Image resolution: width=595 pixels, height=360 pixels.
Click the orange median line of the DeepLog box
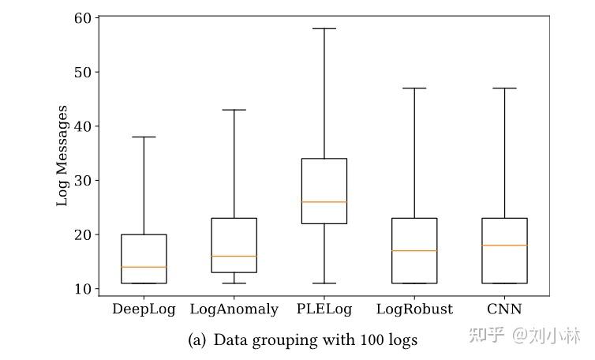coord(144,267)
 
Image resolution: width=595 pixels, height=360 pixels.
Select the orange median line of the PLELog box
coord(324,202)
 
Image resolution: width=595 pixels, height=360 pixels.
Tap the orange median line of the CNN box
coord(504,246)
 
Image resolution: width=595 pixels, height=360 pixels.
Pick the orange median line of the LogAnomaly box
coord(234,256)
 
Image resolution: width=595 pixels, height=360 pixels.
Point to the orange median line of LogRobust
coord(414,251)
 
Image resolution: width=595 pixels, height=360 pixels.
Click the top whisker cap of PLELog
coord(324,28)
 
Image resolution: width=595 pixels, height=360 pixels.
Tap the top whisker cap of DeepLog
coord(144,137)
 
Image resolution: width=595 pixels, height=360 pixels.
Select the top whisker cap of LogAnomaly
coord(234,110)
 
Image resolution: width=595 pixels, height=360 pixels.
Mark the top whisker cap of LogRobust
coord(414,88)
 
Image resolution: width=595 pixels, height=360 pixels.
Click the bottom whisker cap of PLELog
coord(324,283)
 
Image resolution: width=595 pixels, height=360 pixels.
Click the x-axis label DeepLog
coord(144,309)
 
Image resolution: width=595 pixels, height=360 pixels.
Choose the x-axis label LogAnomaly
coord(234,309)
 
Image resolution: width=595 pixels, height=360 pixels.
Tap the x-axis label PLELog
coord(324,309)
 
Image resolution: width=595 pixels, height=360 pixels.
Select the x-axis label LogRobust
coord(414,309)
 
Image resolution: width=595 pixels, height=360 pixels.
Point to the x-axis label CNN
coord(504,309)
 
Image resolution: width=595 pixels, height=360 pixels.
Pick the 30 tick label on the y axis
coord(83,181)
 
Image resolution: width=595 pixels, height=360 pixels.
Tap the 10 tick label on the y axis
coord(83,289)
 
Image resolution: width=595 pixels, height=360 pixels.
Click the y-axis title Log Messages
coord(62,156)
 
